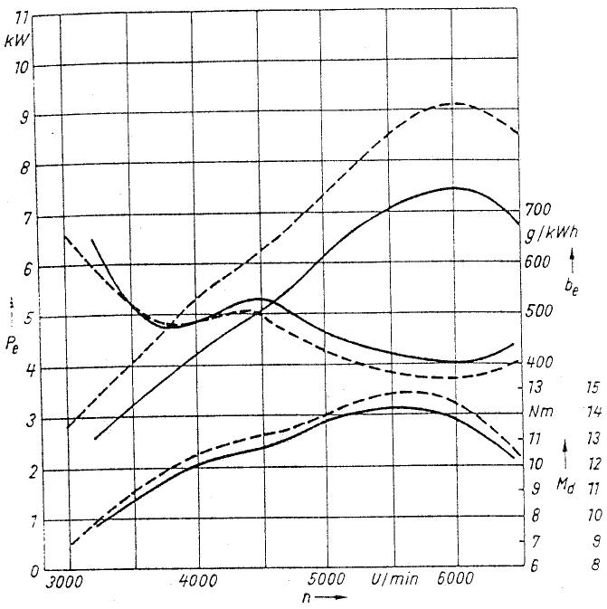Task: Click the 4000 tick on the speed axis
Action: pos(198,580)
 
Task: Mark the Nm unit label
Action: pos(543,412)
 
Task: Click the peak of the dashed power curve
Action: pos(457,103)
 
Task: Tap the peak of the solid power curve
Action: pos(452,187)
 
